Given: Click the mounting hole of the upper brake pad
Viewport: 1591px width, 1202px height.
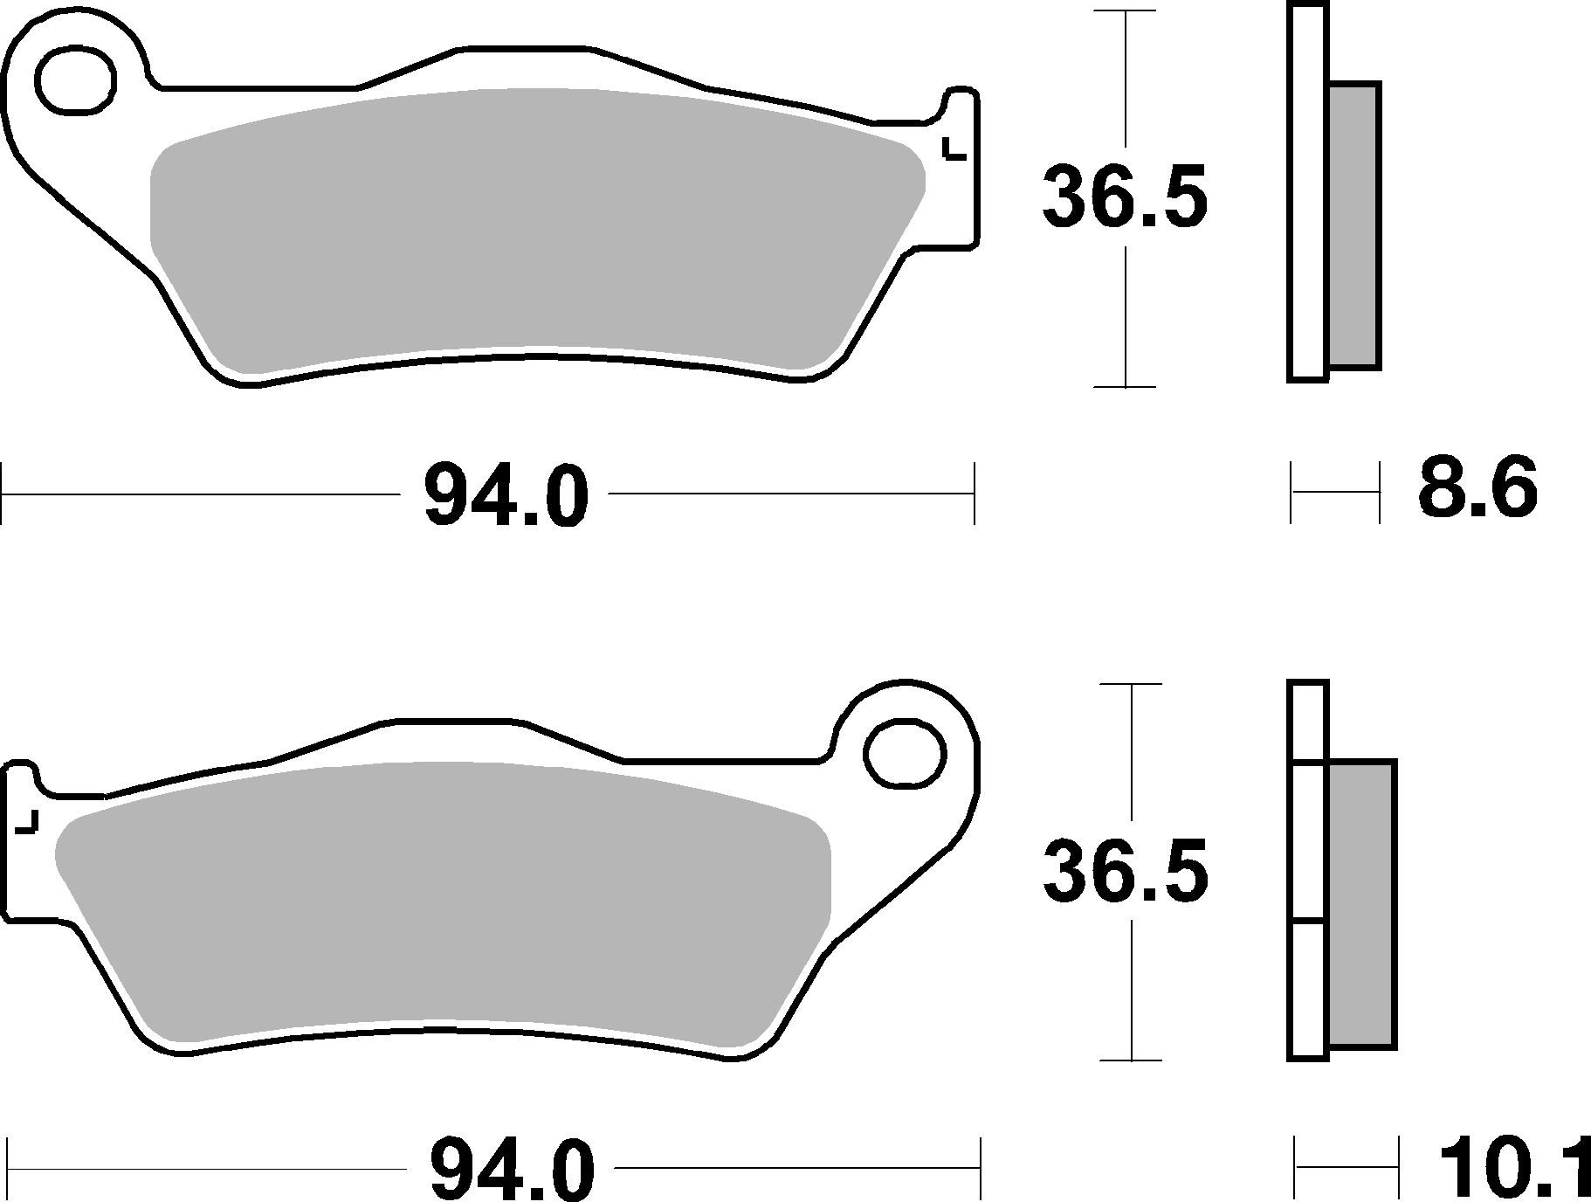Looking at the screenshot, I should coord(76,81).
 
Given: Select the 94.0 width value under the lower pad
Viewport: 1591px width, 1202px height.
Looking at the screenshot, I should coord(512,1169).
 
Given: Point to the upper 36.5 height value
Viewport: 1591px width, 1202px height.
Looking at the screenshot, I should coord(1125,197).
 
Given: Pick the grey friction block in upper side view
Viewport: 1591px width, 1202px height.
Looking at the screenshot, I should coord(1353,225).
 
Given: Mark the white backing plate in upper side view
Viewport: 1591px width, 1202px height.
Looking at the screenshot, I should coord(1306,192).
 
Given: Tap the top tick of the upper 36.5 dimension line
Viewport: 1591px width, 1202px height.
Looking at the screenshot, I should coord(1126,11).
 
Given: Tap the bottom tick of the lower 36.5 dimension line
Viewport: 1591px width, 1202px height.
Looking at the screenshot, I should coord(1132,1060).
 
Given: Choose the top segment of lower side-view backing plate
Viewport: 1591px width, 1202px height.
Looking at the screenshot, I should coord(1307,722).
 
